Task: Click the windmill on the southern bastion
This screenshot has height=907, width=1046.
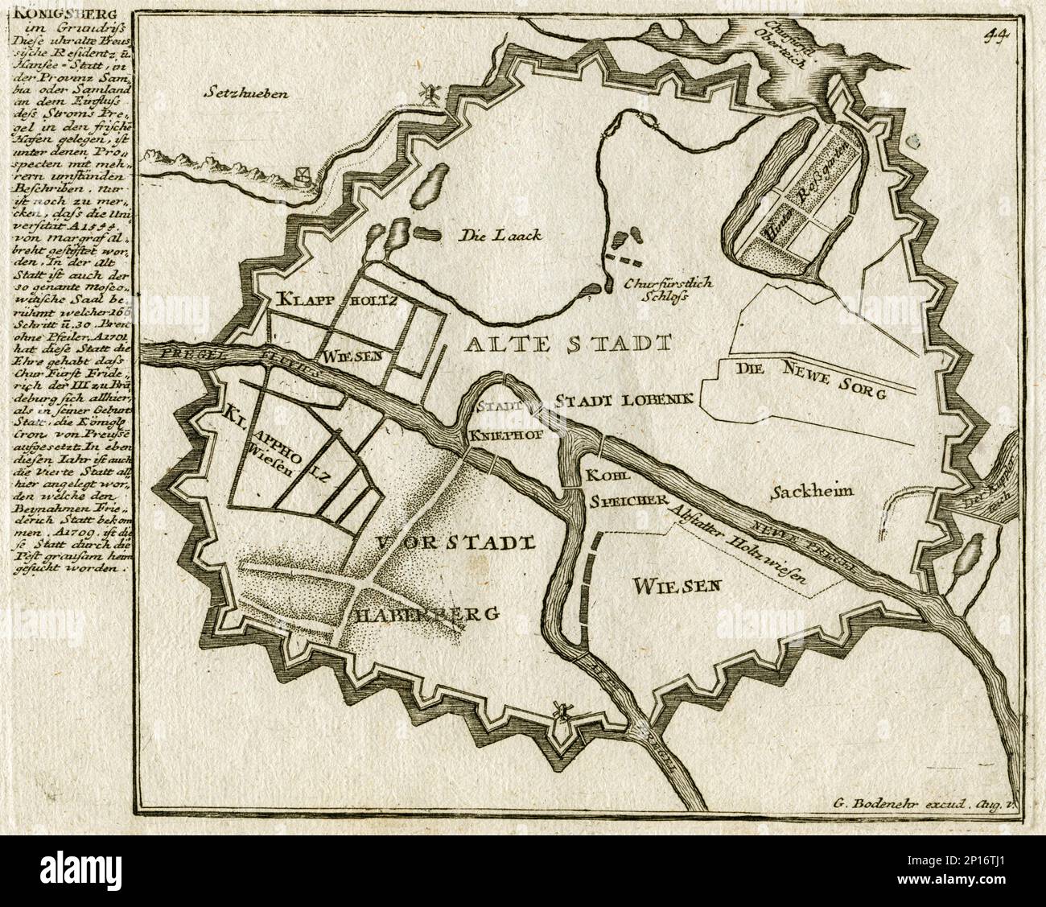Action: [x=562, y=711]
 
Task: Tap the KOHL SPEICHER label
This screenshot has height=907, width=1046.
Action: [x=618, y=488]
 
